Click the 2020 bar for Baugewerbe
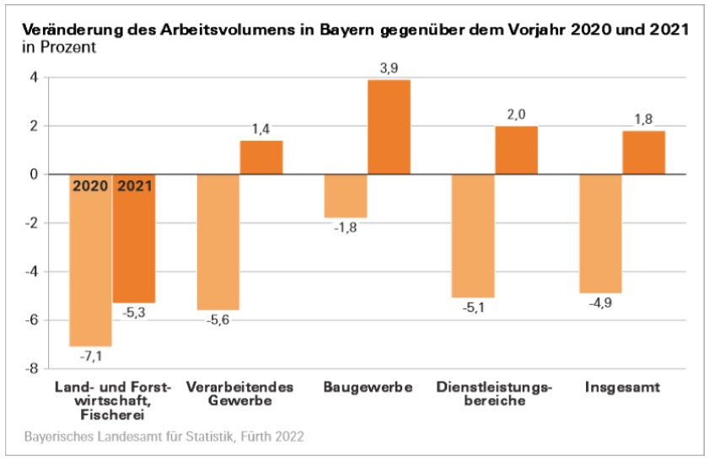click(346, 196)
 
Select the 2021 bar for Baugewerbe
click(389, 127)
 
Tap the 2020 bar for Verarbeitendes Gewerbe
click(218, 242)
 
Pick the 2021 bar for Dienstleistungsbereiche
click(516, 150)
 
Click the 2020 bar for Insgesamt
click(600, 233)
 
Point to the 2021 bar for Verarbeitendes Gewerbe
click(261, 158)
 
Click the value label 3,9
click(389, 68)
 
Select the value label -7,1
click(90, 358)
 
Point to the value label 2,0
click(516, 115)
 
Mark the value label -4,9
click(600, 305)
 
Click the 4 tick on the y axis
click(34, 78)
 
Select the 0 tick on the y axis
click(34, 175)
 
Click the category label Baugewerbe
click(368, 388)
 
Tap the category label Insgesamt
click(622, 388)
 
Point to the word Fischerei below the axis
click(112, 414)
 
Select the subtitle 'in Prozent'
click(58, 46)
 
